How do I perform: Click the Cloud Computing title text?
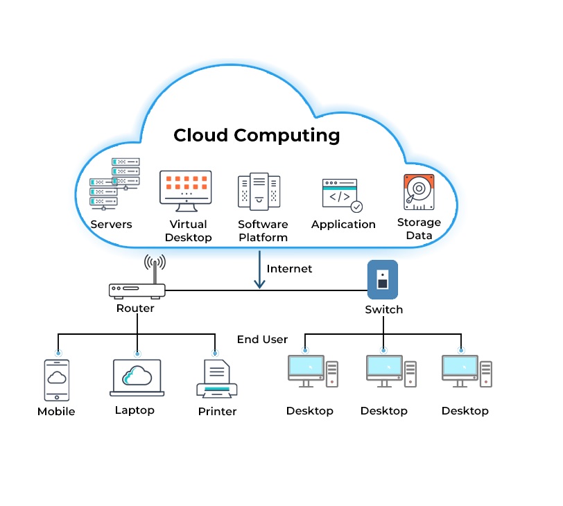(x=257, y=134)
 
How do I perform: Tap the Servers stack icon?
(x=114, y=184)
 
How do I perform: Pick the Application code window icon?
(x=342, y=195)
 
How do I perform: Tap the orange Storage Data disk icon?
(x=419, y=192)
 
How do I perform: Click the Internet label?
(x=289, y=269)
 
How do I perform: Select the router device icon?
(x=137, y=290)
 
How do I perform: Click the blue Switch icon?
(x=382, y=279)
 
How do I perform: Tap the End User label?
(x=262, y=340)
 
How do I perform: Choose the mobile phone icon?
(x=58, y=379)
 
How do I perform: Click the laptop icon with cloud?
(x=137, y=378)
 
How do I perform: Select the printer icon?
(x=217, y=380)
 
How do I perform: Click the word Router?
(x=135, y=308)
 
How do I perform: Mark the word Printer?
(x=217, y=412)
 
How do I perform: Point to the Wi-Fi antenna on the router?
(x=155, y=265)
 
